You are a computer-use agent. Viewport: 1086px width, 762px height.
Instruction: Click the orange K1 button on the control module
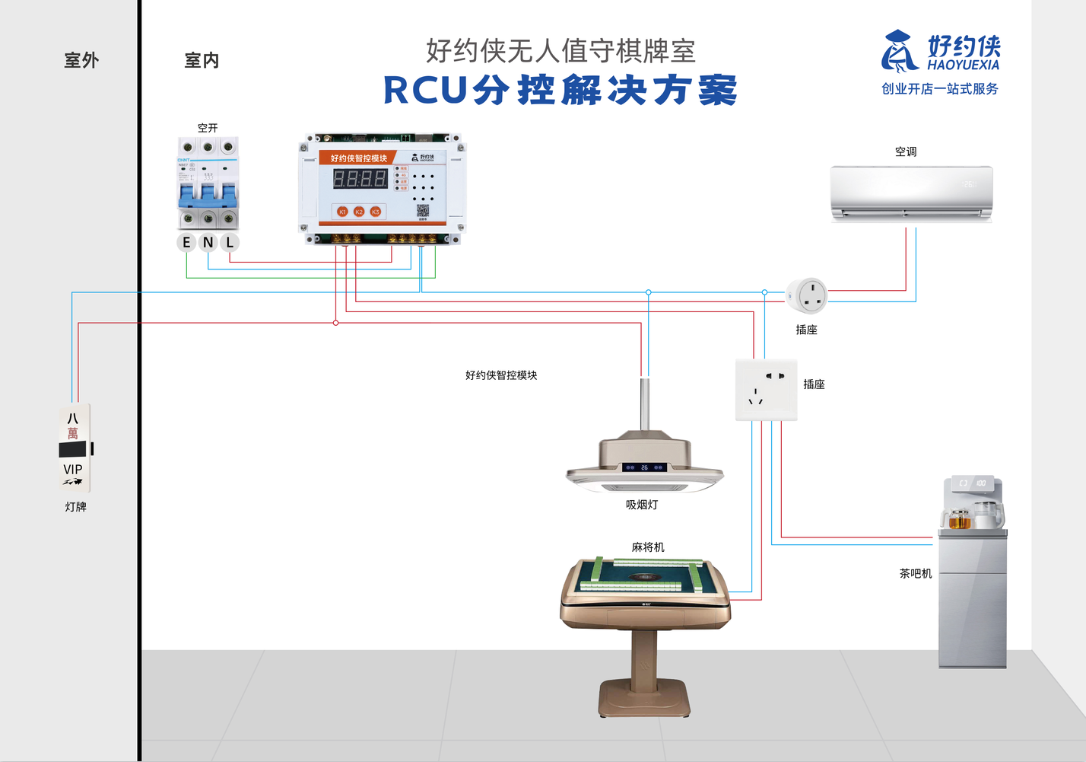[342, 212]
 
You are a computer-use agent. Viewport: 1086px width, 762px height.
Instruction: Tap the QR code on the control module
[423, 211]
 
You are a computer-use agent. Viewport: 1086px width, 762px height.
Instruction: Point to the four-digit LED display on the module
[360, 179]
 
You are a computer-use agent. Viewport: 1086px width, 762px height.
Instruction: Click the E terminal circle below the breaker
[186, 242]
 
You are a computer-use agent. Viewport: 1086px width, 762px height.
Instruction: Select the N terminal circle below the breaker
[208, 242]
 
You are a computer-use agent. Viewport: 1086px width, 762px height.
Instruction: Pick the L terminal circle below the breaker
[230, 242]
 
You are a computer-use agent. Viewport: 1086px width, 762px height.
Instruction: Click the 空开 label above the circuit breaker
[208, 128]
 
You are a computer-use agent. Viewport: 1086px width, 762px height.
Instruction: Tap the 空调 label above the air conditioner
[906, 151]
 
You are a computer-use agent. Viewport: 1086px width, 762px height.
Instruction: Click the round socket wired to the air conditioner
[807, 295]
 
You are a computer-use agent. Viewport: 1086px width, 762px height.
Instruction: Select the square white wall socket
[766, 390]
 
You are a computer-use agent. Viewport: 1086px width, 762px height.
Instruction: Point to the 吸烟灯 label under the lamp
[642, 505]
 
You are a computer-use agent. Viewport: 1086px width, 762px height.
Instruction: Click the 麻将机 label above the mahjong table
[648, 547]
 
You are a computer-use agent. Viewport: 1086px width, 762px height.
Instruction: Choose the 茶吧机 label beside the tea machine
[916, 573]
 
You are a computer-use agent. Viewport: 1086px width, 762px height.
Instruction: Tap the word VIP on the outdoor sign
[73, 470]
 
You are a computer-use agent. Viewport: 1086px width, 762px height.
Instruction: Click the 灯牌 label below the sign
[75, 506]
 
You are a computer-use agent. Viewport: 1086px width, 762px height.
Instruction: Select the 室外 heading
[81, 60]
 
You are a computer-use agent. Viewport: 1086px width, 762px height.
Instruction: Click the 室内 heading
[202, 60]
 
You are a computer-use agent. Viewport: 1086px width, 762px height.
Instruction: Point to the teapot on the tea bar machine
[985, 515]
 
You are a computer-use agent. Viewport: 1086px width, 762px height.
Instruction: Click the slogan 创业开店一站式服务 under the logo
[939, 89]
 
